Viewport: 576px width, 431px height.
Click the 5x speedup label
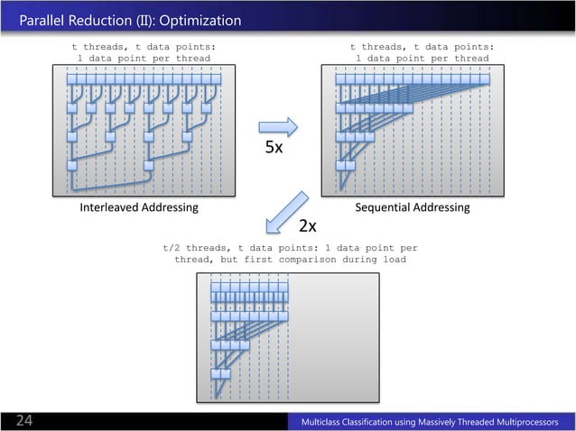point(274,148)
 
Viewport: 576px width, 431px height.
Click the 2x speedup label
point(307,224)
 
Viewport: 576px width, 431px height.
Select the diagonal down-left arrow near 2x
point(288,212)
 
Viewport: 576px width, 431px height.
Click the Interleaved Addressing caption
point(139,207)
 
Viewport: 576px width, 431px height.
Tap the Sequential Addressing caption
point(413,207)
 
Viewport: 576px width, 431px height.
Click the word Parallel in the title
point(45,20)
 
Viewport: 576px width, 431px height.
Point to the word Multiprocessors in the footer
point(523,422)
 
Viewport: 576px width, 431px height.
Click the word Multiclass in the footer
point(329,422)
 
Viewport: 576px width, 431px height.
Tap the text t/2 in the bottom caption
point(172,246)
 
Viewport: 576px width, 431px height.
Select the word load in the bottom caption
point(393,259)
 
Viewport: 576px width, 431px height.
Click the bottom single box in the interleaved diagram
point(71,166)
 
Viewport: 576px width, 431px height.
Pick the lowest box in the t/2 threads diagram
point(217,373)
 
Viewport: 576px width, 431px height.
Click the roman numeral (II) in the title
point(144,20)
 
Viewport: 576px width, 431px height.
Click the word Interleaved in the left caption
point(110,207)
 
